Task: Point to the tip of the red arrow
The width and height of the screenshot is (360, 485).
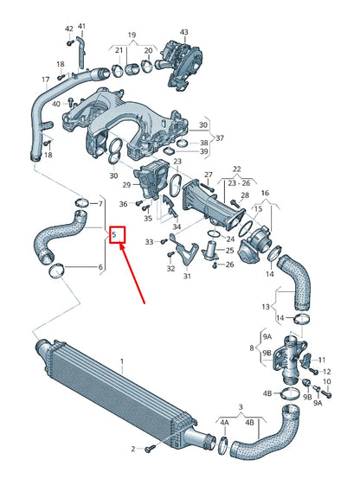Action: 120,246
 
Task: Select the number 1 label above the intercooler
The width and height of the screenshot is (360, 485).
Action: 122,361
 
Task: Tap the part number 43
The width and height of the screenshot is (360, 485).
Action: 183,32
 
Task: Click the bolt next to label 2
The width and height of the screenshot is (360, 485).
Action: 148,448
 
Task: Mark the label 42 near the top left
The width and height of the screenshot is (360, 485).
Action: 69,29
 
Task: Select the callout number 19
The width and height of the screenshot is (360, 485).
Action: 132,35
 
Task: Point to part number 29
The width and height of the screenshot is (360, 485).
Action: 126,185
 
